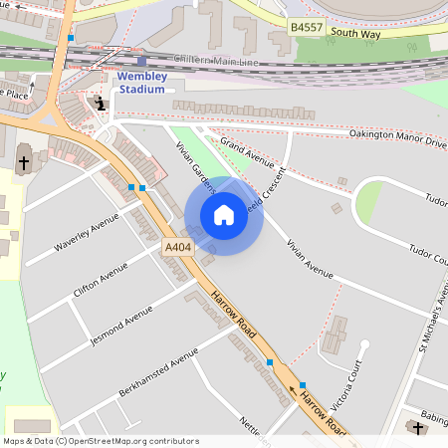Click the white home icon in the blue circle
click(x=224, y=215)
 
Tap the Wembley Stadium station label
click(x=141, y=82)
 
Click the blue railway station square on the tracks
click(x=141, y=61)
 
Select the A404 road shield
click(x=177, y=247)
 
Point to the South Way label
click(x=355, y=33)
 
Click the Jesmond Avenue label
click(x=121, y=326)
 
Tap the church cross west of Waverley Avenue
click(x=24, y=161)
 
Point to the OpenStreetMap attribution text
click(x=102, y=441)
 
